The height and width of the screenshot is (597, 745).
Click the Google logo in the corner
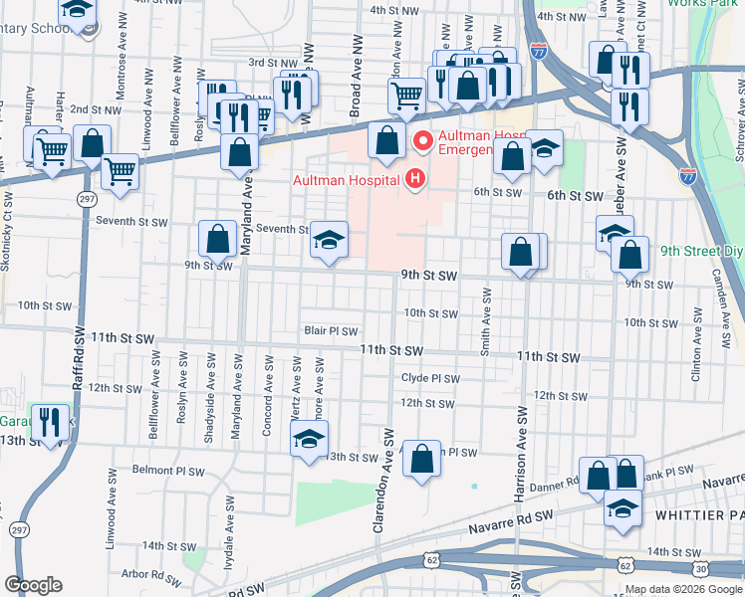coord(33,585)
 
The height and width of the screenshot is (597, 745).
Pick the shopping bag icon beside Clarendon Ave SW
coord(422,460)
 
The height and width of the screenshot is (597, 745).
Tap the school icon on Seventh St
coord(329,241)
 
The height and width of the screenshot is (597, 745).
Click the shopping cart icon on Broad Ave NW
coord(406,97)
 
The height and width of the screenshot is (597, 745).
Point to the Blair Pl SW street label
coord(331,331)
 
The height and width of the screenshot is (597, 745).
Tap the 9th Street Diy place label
coord(698,252)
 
